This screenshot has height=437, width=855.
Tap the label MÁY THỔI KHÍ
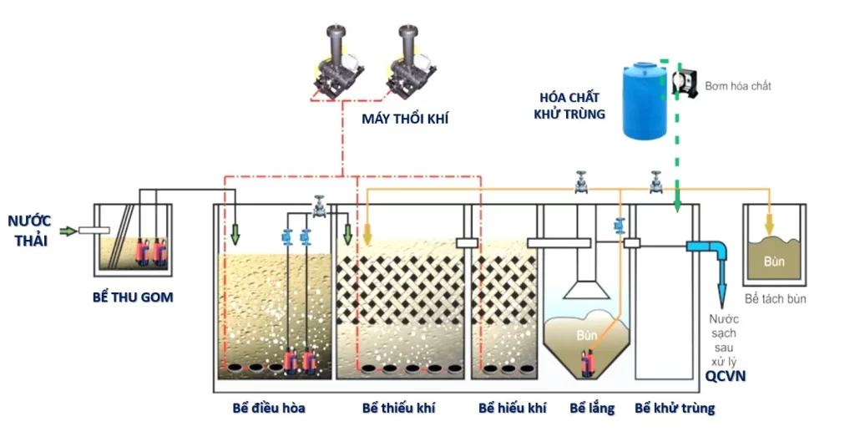[405, 119]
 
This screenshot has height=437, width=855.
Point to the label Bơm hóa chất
[738, 86]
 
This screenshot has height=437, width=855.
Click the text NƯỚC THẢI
[29, 231]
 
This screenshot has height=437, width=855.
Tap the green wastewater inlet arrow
[68, 231]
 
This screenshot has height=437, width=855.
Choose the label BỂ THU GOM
[133, 297]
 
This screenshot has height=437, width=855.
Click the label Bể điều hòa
[269, 409]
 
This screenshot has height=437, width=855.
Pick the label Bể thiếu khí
[398, 409]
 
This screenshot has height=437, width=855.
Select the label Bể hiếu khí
[512, 409]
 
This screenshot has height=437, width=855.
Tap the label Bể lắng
[592, 409]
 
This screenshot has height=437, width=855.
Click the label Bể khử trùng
[675, 409]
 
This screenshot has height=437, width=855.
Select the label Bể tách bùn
[775, 298]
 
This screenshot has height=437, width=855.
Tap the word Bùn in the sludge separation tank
[774, 262]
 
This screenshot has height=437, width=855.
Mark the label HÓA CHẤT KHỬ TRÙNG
[569, 106]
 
